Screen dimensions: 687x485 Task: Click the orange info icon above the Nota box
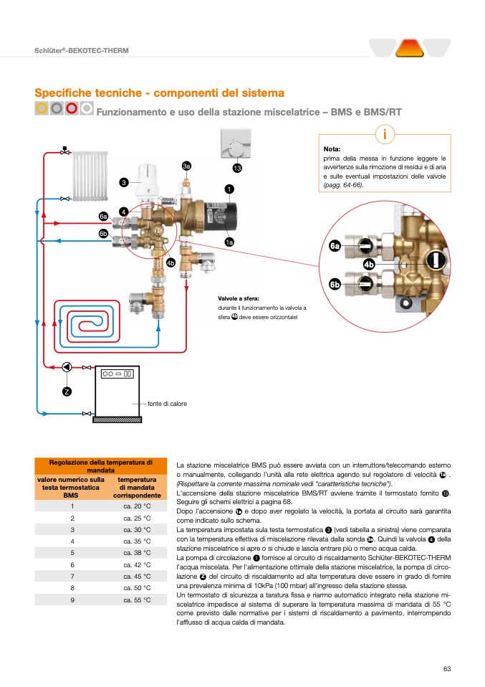click(x=385, y=134)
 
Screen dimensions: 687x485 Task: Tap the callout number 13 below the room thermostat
click(x=237, y=168)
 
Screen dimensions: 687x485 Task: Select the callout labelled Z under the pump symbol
click(x=67, y=391)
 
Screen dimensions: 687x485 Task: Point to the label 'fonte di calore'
click(x=167, y=404)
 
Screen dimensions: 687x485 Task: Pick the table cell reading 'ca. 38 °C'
click(x=137, y=553)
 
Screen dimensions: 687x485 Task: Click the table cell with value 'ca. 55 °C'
click(x=137, y=600)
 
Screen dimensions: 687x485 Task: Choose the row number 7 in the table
click(x=72, y=576)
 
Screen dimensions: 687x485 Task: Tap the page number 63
click(x=446, y=669)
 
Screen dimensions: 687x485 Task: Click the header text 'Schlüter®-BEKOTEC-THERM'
click(x=82, y=51)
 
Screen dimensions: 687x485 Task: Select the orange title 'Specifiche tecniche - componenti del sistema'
click(x=160, y=93)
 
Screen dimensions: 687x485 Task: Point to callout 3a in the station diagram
click(x=186, y=166)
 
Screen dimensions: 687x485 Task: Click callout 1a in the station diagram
click(x=229, y=242)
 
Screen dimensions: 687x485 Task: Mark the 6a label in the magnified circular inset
click(x=335, y=246)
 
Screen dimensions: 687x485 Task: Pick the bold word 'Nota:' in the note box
click(x=332, y=149)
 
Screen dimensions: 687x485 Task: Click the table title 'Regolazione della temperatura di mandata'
click(x=101, y=465)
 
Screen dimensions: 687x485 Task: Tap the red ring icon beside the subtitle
click(x=71, y=109)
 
